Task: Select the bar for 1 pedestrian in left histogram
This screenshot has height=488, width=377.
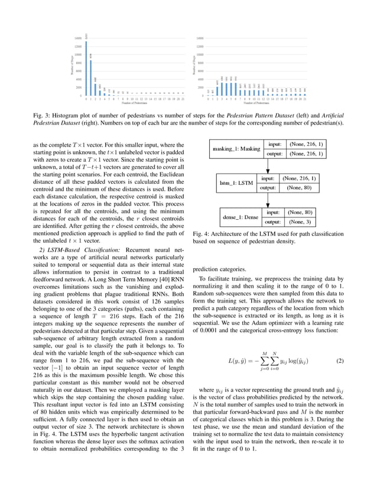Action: [x=91, y=76]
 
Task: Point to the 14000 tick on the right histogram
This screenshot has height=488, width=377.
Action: [x=200, y=38]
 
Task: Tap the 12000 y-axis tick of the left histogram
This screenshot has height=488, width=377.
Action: [x=78, y=46]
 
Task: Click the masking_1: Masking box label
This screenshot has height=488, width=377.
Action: [x=236, y=149]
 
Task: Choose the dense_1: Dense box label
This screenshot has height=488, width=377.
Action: [x=239, y=217]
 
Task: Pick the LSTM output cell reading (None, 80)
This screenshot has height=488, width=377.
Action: [x=299, y=188]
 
